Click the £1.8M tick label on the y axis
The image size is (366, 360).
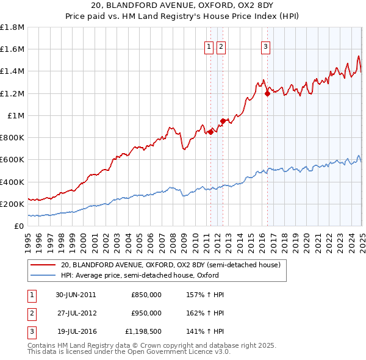click(12, 27)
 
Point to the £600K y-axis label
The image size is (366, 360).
click(12, 160)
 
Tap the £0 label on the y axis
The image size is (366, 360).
click(19, 226)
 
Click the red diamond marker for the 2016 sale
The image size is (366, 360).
click(267, 93)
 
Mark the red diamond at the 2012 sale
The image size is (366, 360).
click(223, 121)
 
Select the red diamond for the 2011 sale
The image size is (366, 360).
click(211, 132)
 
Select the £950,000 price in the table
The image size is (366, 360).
click(146, 313)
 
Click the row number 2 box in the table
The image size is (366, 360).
click(31, 313)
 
